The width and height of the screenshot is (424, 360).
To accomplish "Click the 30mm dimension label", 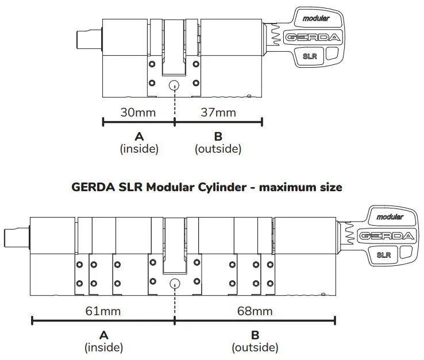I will click(x=138, y=112).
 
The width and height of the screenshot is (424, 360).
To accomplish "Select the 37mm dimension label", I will click(x=218, y=112).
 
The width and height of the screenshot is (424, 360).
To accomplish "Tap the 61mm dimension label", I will click(x=103, y=311).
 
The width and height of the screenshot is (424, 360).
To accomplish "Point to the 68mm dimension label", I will click(x=255, y=311).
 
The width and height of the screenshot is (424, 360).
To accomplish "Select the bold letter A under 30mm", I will click(x=138, y=137).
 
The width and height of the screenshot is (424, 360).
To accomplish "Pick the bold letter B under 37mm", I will click(x=218, y=137).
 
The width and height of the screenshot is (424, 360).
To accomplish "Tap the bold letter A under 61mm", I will click(x=103, y=335).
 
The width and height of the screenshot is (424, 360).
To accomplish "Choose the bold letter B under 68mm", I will click(x=255, y=335).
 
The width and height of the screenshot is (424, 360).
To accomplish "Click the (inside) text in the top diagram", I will click(x=138, y=149).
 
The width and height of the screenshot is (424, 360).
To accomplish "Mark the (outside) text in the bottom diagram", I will click(x=255, y=348).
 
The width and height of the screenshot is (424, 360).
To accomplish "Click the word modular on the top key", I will click(x=317, y=18).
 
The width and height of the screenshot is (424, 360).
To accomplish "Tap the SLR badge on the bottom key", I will click(x=384, y=254).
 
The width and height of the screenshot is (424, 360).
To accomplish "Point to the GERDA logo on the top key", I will click(x=314, y=38).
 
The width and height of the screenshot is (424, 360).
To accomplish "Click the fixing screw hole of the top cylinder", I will click(x=174, y=85).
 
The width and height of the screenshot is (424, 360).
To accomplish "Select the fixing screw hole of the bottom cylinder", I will click(x=174, y=284).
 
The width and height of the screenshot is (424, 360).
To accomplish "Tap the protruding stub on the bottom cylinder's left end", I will click(x=17, y=236).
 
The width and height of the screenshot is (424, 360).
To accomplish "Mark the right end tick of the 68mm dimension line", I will click(x=335, y=320).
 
